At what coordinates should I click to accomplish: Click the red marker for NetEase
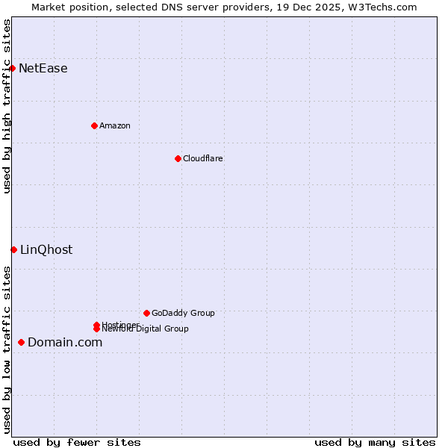coord(12,68)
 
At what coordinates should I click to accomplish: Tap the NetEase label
coord(43,69)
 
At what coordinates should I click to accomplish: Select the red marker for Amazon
coord(94,125)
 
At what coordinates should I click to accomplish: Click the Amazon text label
coord(115,125)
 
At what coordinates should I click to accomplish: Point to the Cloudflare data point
coord(178,158)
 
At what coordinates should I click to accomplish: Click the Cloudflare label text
coord(203,158)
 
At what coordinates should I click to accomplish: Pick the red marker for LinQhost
coord(13,249)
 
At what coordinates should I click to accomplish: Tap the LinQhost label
coord(46,250)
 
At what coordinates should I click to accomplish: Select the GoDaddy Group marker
coord(146,313)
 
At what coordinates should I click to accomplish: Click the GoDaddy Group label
coord(183,313)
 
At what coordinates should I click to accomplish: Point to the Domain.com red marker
coord(21,342)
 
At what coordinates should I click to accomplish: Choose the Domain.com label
coord(65,343)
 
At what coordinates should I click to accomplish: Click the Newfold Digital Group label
coord(146,329)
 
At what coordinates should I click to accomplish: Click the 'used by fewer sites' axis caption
coord(77,442)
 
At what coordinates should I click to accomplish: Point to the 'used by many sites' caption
coord(375,442)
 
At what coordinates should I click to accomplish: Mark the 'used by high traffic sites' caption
coord(7,106)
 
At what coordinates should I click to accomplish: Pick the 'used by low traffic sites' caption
coord(7,349)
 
